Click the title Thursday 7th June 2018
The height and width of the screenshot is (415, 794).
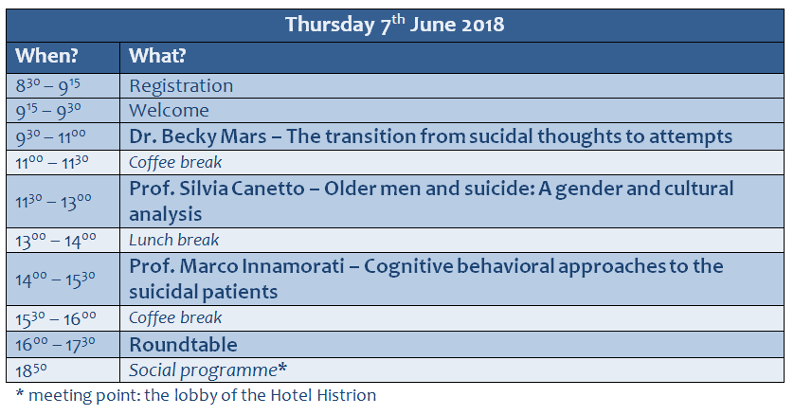pos(394,25)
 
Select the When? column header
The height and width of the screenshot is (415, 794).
pos(46,56)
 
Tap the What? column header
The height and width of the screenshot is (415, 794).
pos(157,56)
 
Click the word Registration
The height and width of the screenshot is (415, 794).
pos(181,86)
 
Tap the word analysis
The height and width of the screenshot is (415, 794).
pos(165,214)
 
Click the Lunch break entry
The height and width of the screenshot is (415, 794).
pos(173,240)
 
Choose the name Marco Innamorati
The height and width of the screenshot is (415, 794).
pos(262,266)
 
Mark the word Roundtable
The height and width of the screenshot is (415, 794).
pos(183,345)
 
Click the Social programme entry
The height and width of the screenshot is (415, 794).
pos(208,370)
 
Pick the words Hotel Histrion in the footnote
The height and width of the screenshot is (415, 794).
pos(324,395)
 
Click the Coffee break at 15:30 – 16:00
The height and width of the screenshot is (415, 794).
pos(175,317)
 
